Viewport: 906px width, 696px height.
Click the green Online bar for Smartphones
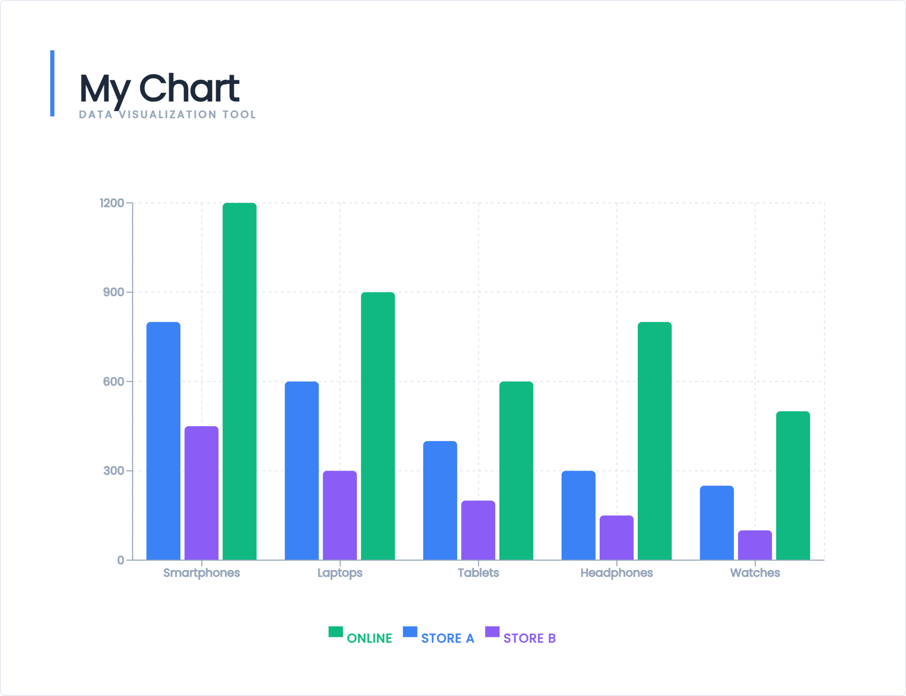click(x=239, y=381)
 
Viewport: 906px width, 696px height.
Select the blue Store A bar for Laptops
click(x=302, y=471)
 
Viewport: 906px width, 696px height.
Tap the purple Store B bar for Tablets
click(x=478, y=530)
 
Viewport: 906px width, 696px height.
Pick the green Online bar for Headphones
click(x=654, y=441)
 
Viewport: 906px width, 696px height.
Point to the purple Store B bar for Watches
click(x=755, y=545)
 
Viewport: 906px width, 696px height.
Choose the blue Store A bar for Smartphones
click(x=163, y=441)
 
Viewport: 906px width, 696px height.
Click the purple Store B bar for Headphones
click(x=616, y=537)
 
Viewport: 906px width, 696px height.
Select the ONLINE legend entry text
click(x=369, y=638)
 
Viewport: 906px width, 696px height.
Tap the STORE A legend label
click(x=447, y=638)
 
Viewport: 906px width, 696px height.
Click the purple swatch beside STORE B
click(x=492, y=632)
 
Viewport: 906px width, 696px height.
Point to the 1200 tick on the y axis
click(x=112, y=203)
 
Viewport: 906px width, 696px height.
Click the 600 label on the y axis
click(x=113, y=381)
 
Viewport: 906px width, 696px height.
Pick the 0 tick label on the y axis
click(x=120, y=560)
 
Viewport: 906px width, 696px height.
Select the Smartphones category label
click(x=201, y=573)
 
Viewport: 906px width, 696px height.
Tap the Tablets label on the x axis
click(x=478, y=573)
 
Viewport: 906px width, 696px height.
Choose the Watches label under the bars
click(x=755, y=573)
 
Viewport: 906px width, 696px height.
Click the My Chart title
click(x=159, y=88)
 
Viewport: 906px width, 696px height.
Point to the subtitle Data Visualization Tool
click(x=167, y=115)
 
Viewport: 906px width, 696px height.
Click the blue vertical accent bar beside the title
click(x=53, y=83)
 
